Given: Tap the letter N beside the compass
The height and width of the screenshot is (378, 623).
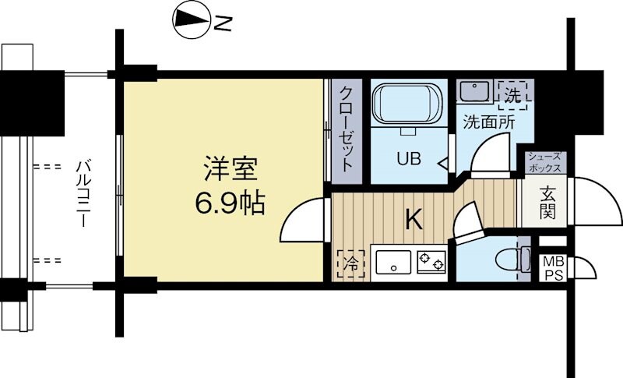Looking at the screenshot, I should point(224,25).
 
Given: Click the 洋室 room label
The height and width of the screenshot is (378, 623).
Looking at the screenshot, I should point(231,170).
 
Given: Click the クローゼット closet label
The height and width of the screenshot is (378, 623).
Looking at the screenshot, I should point(346,129).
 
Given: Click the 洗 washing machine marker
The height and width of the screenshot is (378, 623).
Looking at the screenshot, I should point(512,95).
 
